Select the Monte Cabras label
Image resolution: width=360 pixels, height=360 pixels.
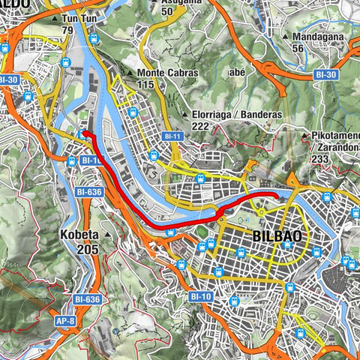click(166, 73)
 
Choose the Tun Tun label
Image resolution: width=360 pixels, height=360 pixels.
click(79, 17)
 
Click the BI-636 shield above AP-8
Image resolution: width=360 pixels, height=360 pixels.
click(87, 299)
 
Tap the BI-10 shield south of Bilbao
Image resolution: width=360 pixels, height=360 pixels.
click(199, 296)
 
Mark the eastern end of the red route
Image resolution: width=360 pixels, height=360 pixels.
click(276, 196)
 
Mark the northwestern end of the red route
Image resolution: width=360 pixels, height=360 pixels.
click(84, 133)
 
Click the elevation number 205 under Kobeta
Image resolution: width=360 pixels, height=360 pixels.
click(88, 249)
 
